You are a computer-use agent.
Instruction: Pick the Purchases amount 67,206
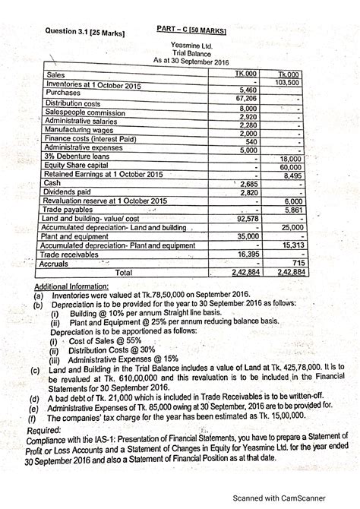[x=245, y=99]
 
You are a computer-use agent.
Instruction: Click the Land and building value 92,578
[x=247, y=219]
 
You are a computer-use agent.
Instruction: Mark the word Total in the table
[x=127, y=271]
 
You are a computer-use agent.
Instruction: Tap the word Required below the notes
[x=44, y=429]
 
